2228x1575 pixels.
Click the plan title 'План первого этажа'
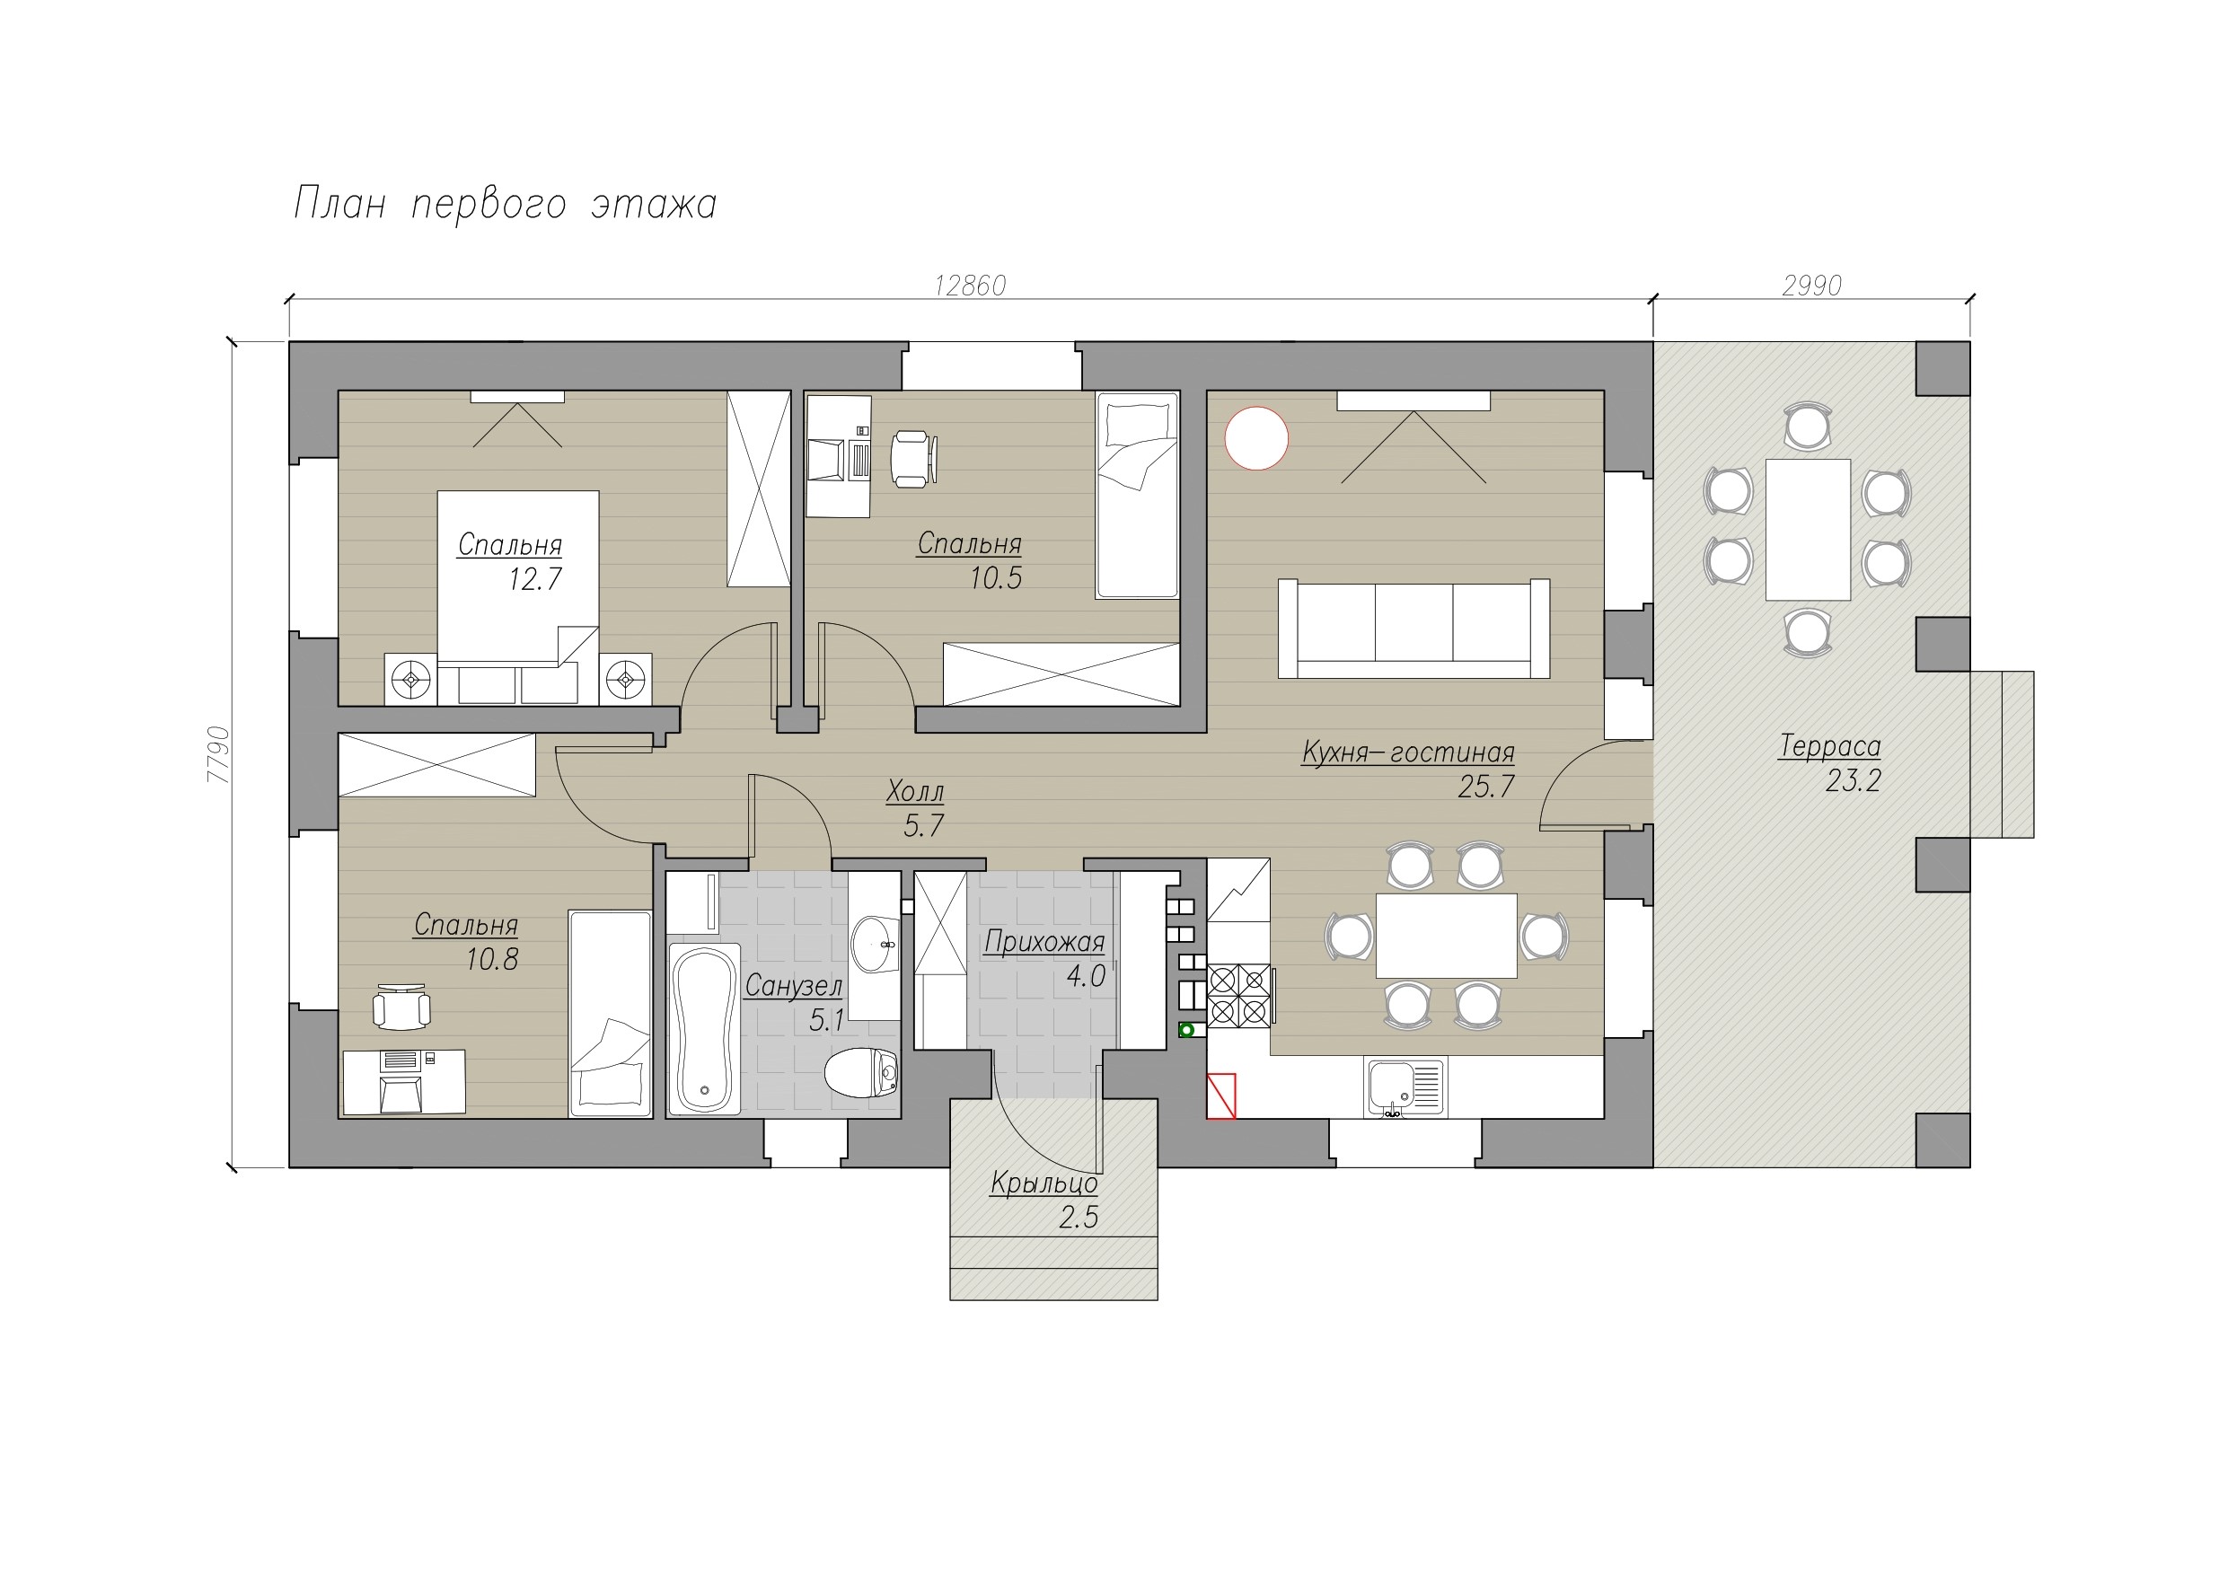505,205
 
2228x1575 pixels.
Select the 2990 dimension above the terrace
1811,286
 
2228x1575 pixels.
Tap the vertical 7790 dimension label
218,754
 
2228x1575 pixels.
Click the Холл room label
914,792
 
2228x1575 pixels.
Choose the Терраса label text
1829,746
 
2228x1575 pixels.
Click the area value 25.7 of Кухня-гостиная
1485,786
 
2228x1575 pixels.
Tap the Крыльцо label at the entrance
1044,1183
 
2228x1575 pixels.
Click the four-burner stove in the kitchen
1239,997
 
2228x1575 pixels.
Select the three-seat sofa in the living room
1413,628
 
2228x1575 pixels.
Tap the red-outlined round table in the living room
1256,438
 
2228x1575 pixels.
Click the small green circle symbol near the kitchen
1185,1030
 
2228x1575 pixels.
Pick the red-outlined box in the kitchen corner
1221,1095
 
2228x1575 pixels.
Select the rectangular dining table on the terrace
1808,530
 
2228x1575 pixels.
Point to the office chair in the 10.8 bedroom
401,1008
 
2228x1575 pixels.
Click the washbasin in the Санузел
876,942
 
